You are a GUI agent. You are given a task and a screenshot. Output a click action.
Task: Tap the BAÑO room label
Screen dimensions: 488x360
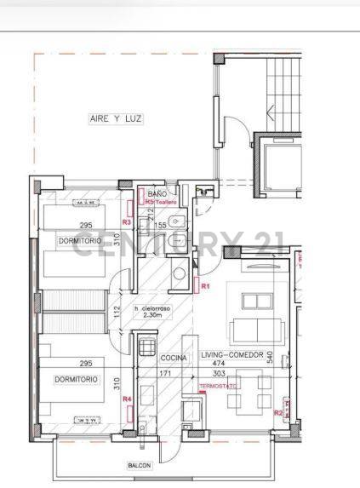click(157, 195)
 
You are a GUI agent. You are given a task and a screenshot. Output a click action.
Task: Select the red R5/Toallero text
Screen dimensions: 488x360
click(161, 203)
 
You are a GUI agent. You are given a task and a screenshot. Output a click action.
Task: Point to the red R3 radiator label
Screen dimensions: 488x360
click(126, 222)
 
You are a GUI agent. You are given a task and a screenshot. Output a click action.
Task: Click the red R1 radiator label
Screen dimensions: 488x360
click(205, 285)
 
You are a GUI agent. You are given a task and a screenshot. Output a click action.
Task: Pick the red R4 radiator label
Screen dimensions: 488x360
click(127, 399)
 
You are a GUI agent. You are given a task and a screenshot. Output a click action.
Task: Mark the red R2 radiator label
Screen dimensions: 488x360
click(277, 412)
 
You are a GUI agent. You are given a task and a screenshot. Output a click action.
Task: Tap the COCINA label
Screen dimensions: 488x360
click(174, 359)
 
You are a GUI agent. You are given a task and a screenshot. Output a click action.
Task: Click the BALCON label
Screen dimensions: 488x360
click(140, 465)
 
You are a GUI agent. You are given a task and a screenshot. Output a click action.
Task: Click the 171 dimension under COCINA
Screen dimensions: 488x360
click(168, 373)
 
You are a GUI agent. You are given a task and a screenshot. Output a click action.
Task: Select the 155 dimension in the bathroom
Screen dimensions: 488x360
click(159, 225)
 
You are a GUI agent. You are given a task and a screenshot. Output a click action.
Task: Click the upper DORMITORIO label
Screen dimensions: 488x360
click(80, 241)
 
